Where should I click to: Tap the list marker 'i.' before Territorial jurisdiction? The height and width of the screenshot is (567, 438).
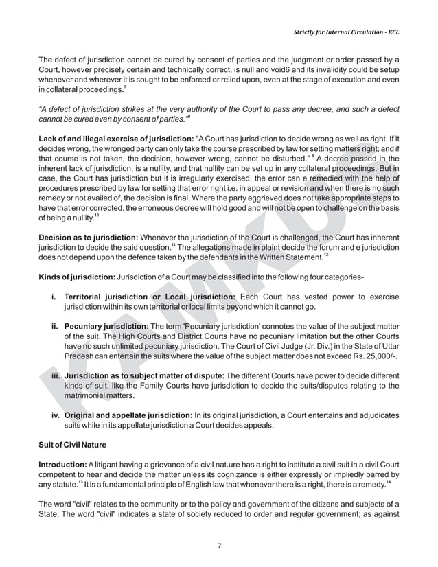[x=54, y=296]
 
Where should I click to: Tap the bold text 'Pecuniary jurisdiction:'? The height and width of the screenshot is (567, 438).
[x=106, y=326]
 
